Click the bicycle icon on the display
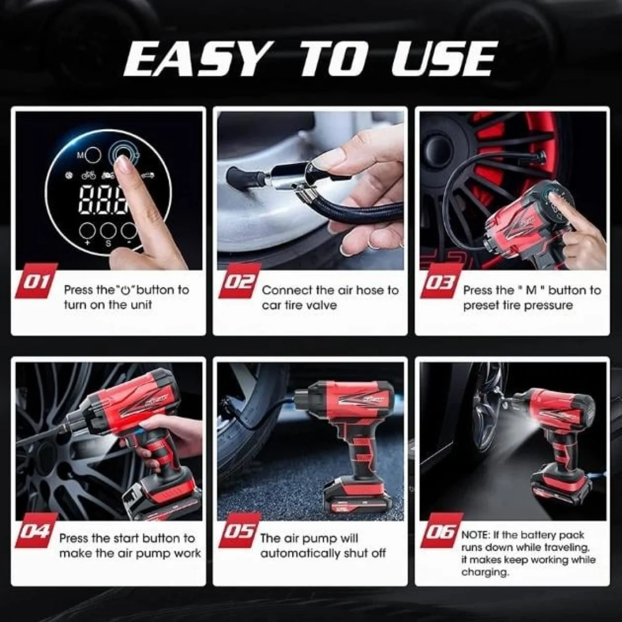[88, 176]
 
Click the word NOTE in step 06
[474, 535]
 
